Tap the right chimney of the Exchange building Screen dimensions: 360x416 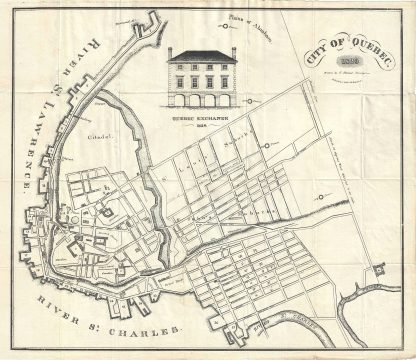click(x=232, y=52)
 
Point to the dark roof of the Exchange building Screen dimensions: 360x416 click(x=201, y=57)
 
